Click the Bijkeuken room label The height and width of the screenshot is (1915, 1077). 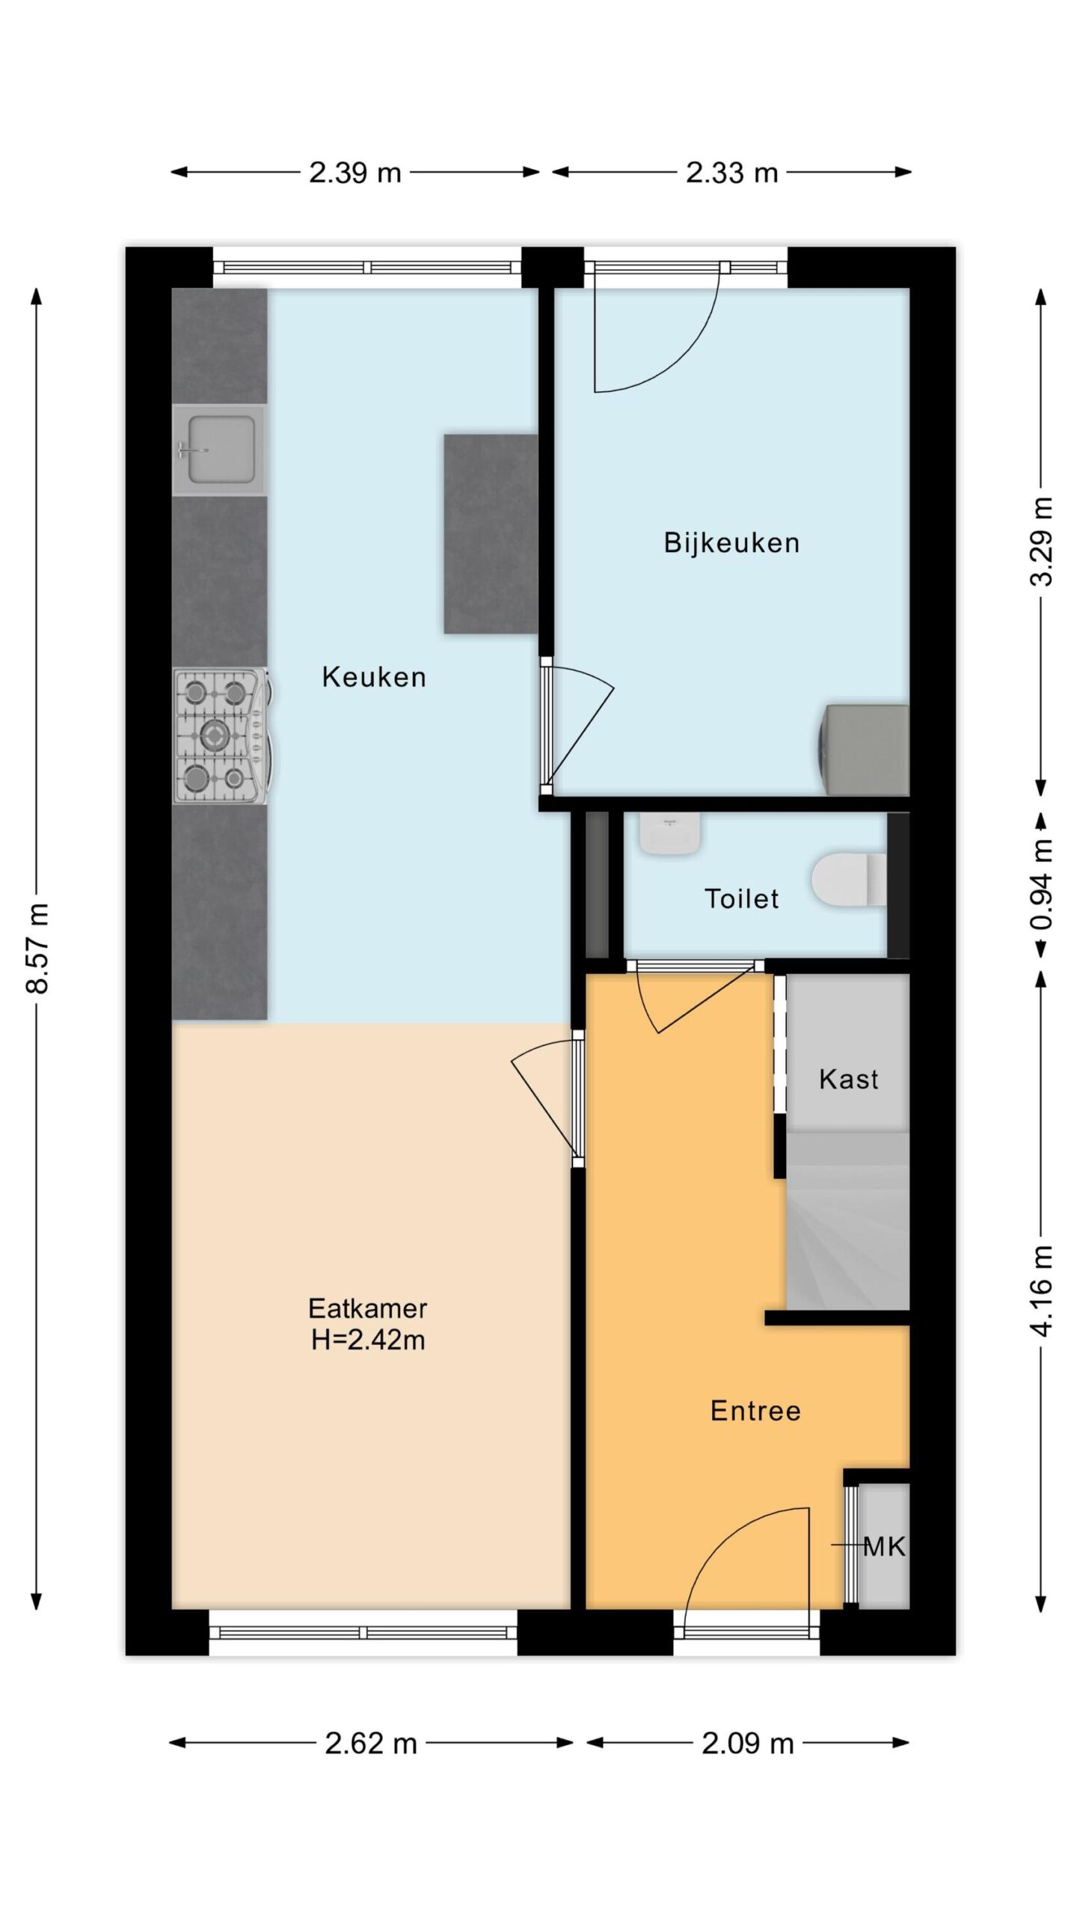[x=731, y=543]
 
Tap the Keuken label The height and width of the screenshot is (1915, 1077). [x=374, y=677]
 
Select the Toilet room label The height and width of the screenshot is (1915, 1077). [x=741, y=898]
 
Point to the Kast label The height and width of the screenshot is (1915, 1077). [x=848, y=1079]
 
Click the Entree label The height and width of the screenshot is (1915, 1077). [x=755, y=1410]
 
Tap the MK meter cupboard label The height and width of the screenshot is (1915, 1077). [x=884, y=1546]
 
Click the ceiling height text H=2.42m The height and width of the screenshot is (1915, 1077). [x=368, y=1340]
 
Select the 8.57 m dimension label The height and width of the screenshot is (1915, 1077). [x=37, y=948]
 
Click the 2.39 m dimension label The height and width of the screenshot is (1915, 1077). [x=355, y=173]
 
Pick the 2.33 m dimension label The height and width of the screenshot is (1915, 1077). [x=732, y=173]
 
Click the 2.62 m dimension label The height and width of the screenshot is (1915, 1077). [x=371, y=1744]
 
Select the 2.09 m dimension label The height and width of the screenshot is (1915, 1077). [x=747, y=1744]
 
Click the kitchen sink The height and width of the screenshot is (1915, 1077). [x=220, y=450]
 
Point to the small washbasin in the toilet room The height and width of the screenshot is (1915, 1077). [x=669, y=833]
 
